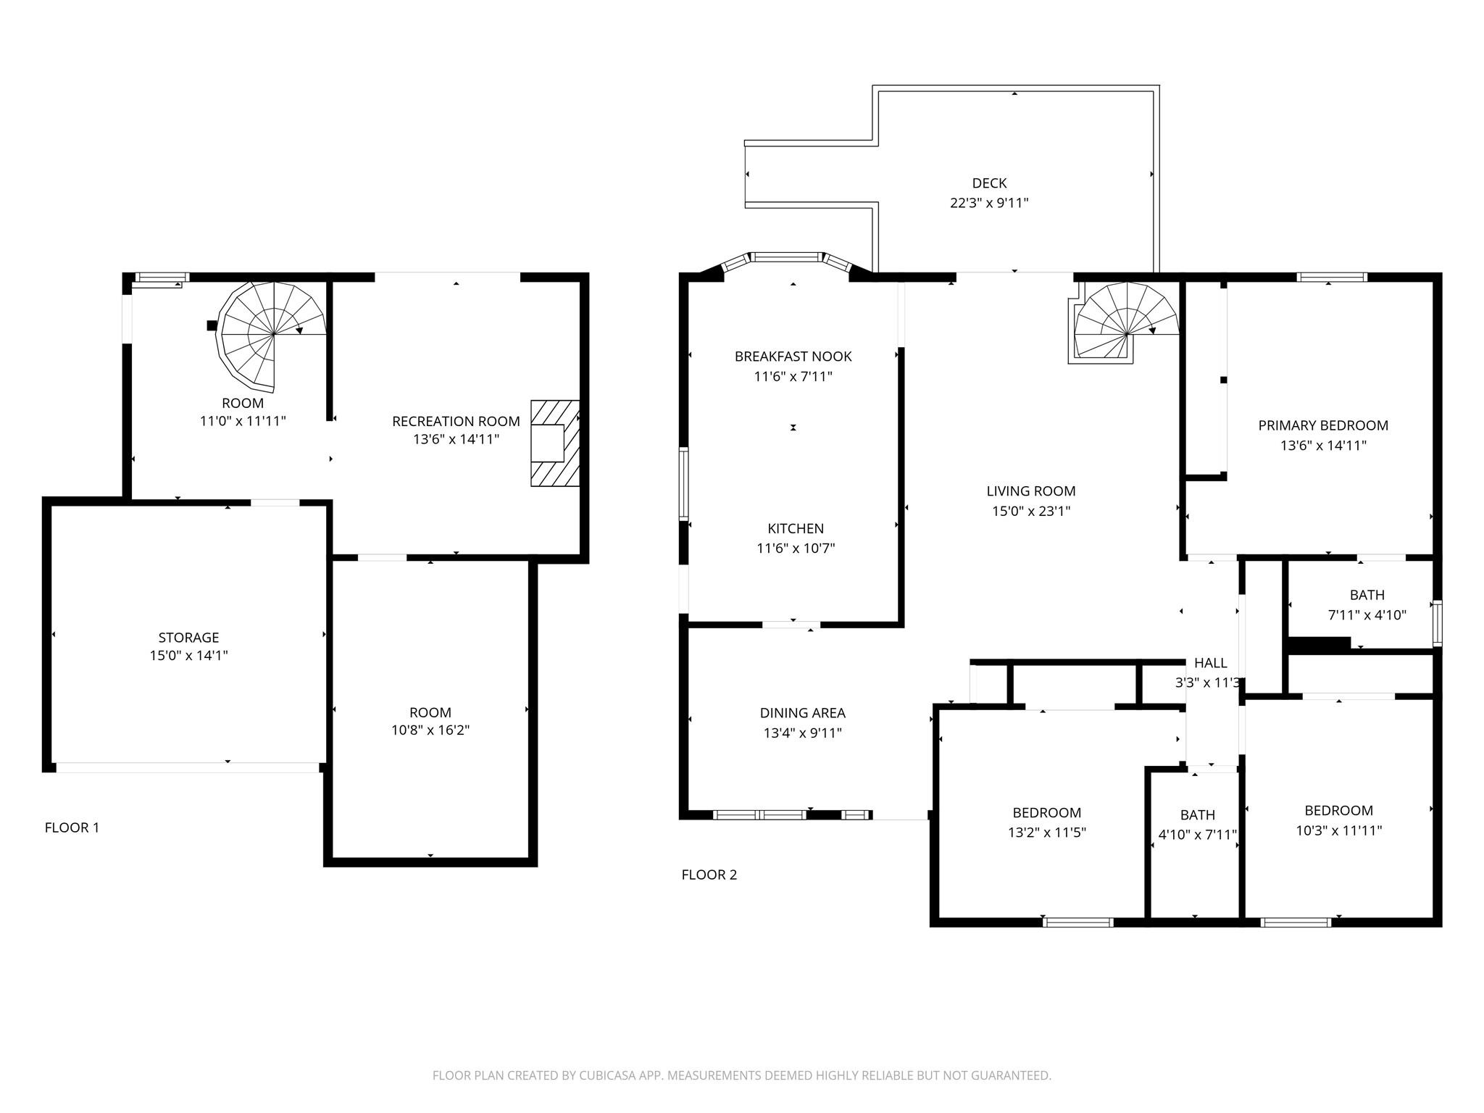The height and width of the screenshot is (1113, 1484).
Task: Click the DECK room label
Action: point(989,183)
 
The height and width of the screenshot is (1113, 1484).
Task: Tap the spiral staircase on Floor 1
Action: point(273,334)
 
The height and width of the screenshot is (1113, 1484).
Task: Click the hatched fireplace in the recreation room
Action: point(555,443)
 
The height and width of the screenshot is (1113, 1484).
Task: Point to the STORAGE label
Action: point(188,638)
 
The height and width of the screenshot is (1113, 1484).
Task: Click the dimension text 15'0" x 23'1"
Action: point(1031,511)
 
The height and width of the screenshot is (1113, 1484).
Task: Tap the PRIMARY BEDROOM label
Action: point(1323,425)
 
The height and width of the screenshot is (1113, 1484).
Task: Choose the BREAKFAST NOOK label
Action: point(793,357)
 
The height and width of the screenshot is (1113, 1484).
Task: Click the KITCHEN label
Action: point(796,528)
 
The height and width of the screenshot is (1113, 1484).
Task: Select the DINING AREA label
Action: point(803,713)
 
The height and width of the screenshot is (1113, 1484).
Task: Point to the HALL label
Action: point(1211,662)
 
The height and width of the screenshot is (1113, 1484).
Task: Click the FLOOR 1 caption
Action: point(72,828)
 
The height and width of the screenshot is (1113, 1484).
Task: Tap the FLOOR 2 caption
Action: point(709,875)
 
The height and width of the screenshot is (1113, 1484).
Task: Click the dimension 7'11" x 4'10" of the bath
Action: point(1367,615)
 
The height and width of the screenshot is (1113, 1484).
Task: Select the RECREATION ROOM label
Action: point(456,421)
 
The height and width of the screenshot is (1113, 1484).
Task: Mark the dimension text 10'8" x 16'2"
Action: point(430,730)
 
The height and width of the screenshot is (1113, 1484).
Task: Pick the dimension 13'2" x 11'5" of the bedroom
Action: point(1047,833)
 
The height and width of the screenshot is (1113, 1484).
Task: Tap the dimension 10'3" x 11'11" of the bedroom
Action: point(1339,830)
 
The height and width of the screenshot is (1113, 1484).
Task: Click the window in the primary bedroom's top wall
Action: point(1332,277)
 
